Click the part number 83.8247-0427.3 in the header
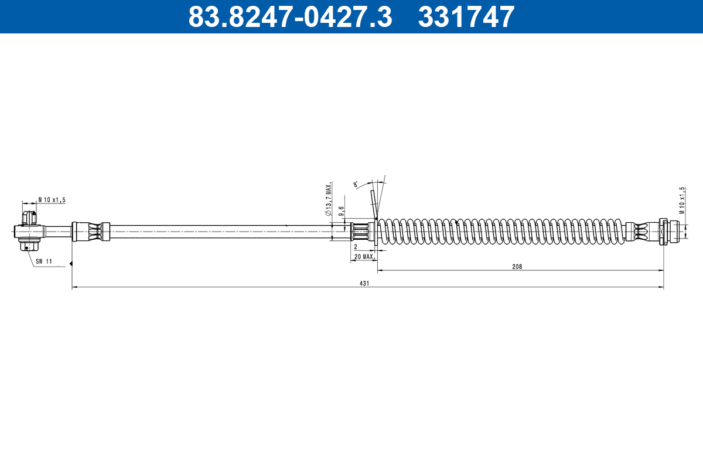pyautogui.click(x=289, y=16)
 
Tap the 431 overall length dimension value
pyautogui.click(x=364, y=283)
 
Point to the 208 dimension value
pyautogui.click(x=517, y=266)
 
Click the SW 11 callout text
pyautogui.click(x=45, y=261)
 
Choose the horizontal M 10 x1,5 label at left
pyautogui.click(x=52, y=200)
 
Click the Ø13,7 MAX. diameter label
pyautogui.click(x=329, y=199)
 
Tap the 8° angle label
pyautogui.click(x=356, y=185)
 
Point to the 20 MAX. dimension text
pyautogui.click(x=364, y=257)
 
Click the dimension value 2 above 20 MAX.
pyautogui.click(x=356, y=247)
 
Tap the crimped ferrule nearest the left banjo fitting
pyautogui.click(x=91, y=231)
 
